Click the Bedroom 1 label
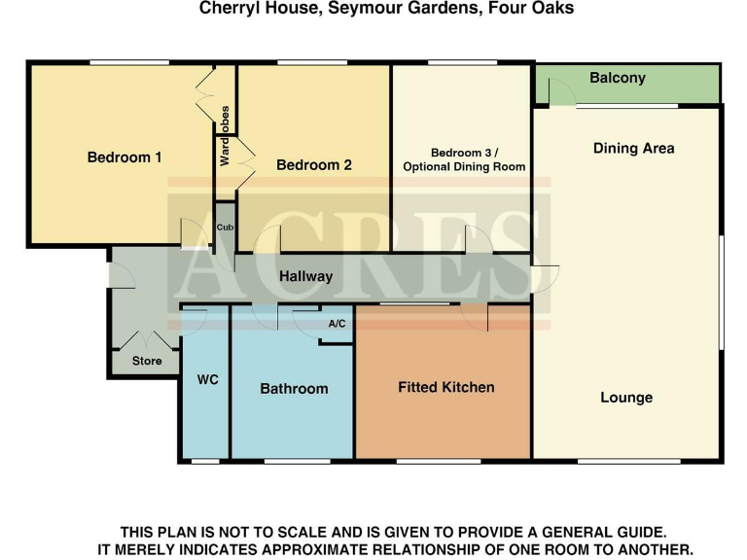pyautogui.click(x=124, y=157)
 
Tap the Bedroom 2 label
pyautogui.click(x=314, y=165)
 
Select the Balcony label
pyautogui.click(x=618, y=78)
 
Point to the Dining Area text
pyautogui.click(x=633, y=149)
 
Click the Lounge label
pyautogui.click(x=626, y=398)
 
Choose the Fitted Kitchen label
pyautogui.click(x=446, y=387)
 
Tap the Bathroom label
pyautogui.click(x=294, y=389)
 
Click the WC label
pyautogui.click(x=208, y=379)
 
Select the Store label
pyautogui.click(x=147, y=362)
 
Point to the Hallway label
pyautogui.click(x=306, y=277)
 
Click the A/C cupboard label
pyautogui.click(x=338, y=324)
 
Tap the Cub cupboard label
pyautogui.click(x=225, y=227)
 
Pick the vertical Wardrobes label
pyautogui.click(x=225, y=135)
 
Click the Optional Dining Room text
pyautogui.click(x=464, y=167)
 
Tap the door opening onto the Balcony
pyautogui.click(x=561, y=92)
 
